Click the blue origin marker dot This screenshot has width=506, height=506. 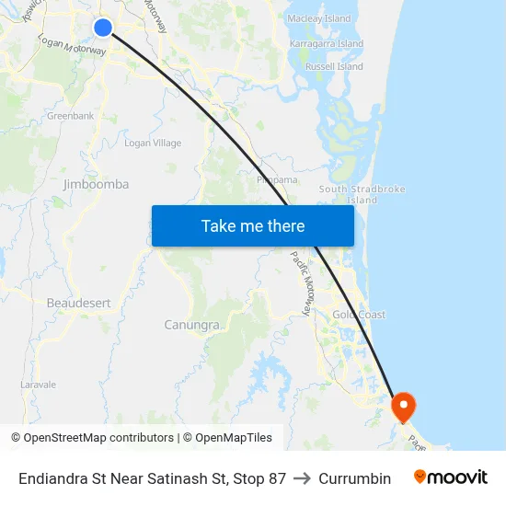pyautogui.click(x=103, y=28)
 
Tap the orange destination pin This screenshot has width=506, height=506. pyautogui.click(x=403, y=406)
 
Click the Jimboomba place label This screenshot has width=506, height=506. pyautogui.click(x=96, y=184)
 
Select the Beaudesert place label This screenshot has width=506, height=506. pyautogui.click(x=78, y=302)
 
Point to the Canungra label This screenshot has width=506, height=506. pyautogui.click(x=192, y=325)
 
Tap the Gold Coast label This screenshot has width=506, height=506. pyautogui.click(x=359, y=315)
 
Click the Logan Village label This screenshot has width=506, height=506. pyautogui.click(x=153, y=143)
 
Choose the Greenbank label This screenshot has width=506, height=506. pyautogui.click(x=71, y=116)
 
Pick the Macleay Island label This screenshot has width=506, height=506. pyautogui.click(x=319, y=18)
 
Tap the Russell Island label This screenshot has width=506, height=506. pyautogui.click(x=334, y=66)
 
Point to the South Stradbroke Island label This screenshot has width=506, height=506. pyautogui.click(x=362, y=194)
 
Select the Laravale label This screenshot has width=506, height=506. pyautogui.click(x=39, y=385)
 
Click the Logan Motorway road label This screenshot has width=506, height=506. pyautogui.click(x=72, y=46)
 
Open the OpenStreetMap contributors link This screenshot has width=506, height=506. pyautogui.click(x=98, y=438)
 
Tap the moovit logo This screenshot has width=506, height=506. pyautogui.click(x=451, y=477)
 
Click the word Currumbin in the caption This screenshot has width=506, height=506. pyautogui.click(x=354, y=478)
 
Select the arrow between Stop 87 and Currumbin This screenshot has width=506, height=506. pyautogui.click(x=303, y=478)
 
